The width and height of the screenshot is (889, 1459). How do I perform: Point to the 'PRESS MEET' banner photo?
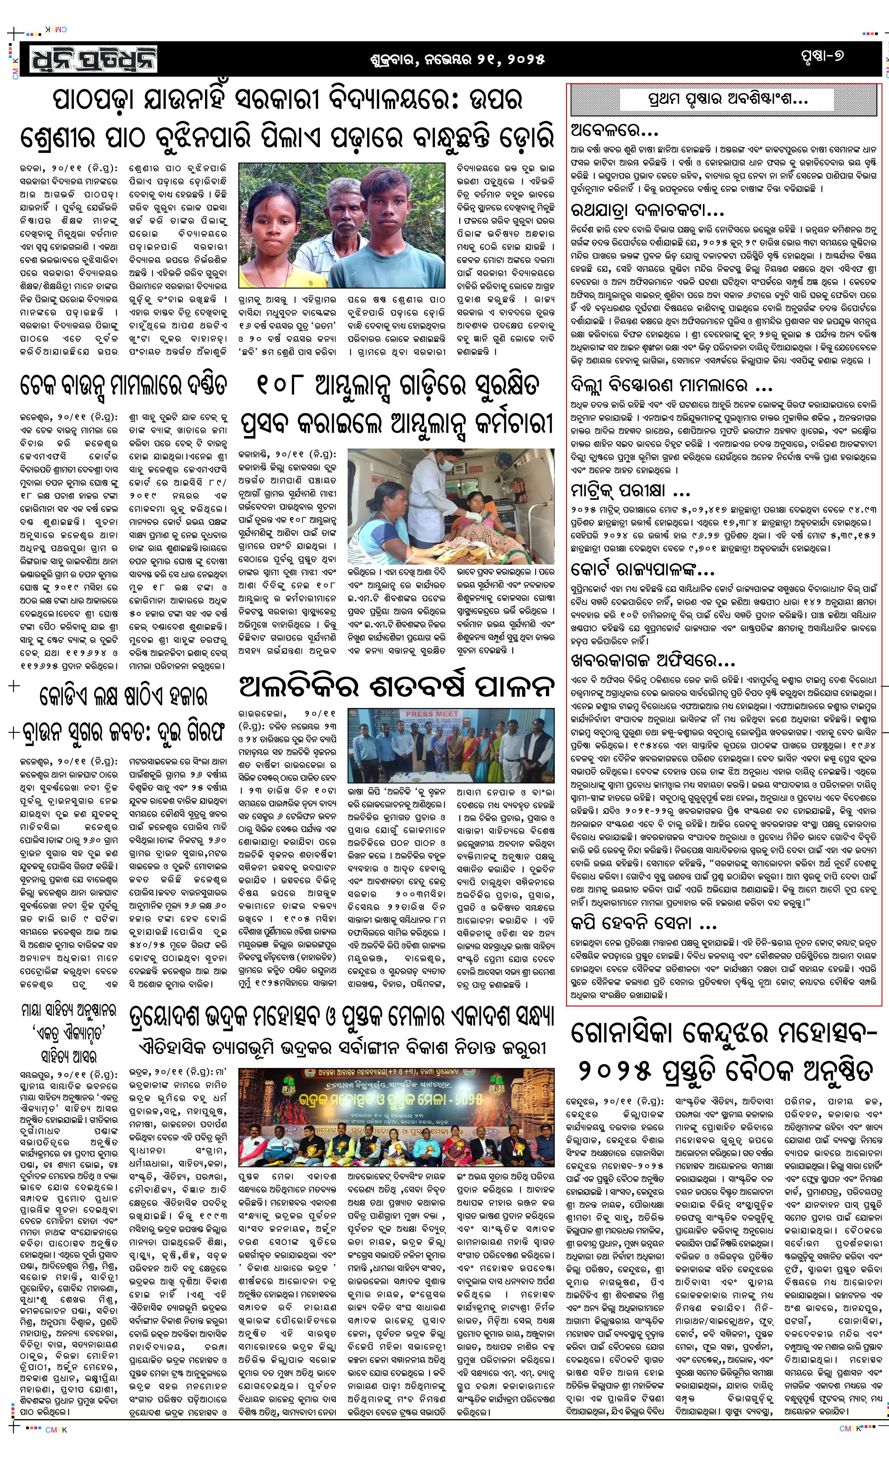[451, 746]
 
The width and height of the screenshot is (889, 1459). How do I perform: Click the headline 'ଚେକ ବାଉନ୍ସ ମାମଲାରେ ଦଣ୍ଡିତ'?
[123, 385]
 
